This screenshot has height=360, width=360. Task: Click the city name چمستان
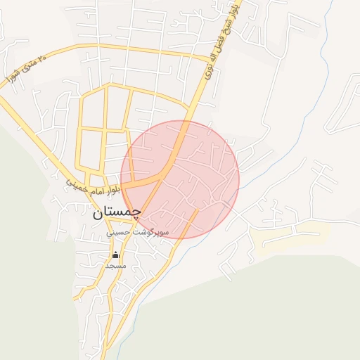tap(117, 211)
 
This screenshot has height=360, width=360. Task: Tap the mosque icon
tap(115, 255)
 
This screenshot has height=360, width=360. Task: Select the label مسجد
tap(115, 266)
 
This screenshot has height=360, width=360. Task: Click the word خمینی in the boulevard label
tap(76, 184)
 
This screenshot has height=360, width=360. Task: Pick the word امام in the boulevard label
tap(94, 190)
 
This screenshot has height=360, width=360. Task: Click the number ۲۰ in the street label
tap(41, 58)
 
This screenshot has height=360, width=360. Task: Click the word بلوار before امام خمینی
tap(112, 191)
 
